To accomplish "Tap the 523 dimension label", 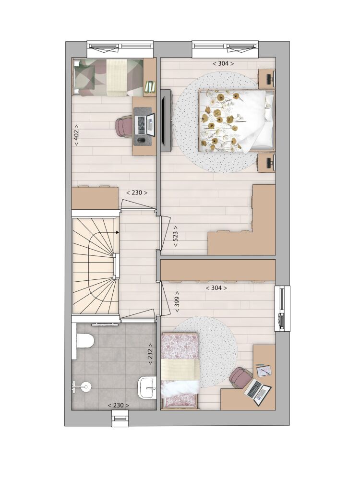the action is point(176,237).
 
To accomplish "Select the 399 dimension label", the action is point(177,301).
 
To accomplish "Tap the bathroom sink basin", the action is point(147,387).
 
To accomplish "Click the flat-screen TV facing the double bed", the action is point(166,120).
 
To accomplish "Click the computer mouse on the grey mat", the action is point(142,141).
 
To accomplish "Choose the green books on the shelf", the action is point(150,86).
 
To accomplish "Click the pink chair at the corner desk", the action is point(241,377).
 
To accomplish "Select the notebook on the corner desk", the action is point(264,371).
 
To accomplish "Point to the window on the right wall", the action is point(282,308).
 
